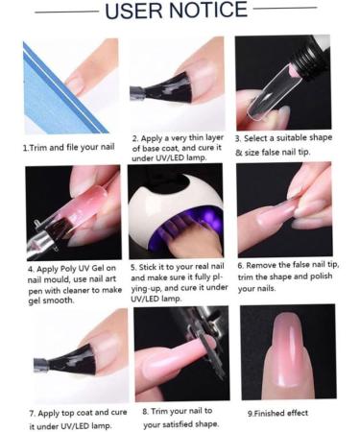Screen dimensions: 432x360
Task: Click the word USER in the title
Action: point(140,12)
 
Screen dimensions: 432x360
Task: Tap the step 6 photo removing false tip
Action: point(284,208)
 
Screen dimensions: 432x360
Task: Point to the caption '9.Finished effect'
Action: point(278,413)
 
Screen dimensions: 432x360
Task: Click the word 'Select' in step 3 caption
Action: point(266,138)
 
